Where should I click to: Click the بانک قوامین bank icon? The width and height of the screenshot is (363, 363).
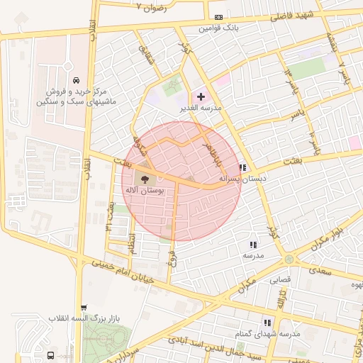click(x=218, y=17)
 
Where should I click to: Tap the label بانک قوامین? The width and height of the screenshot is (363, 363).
click(x=219, y=28)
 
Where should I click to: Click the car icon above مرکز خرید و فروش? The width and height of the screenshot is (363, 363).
click(x=76, y=79)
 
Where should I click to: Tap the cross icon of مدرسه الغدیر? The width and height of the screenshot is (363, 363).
click(x=201, y=96)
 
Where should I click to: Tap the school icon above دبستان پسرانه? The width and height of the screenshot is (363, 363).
click(x=242, y=168)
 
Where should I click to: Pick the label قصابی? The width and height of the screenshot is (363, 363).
click(x=279, y=279)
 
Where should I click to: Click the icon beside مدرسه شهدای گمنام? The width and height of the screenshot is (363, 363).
click(x=267, y=322)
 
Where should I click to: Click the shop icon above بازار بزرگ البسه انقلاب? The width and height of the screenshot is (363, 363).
click(x=84, y=308)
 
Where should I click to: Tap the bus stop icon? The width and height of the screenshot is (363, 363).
click(x=51, y=354)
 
